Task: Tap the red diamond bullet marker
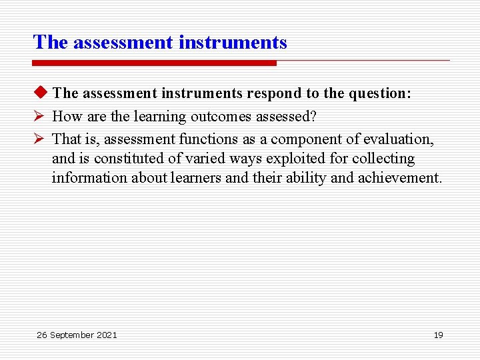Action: (x=39, y=93)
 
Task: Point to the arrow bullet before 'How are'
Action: (x=39, y=117)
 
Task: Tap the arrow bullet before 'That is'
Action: (x=39, y=139)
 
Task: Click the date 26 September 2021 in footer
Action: (x=77, y=335)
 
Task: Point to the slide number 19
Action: (x=438, y=335)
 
